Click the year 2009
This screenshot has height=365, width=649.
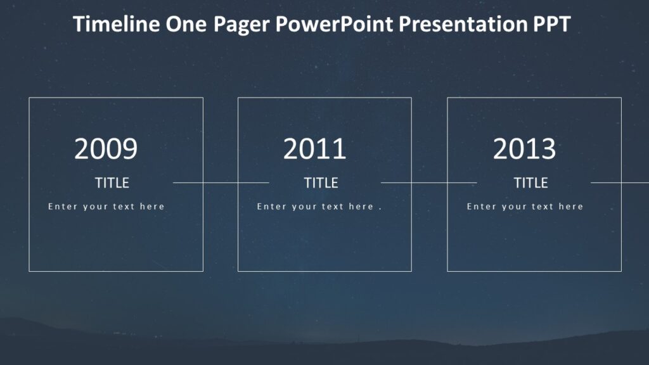tap(106, 150)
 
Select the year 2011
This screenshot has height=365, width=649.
tap(315, 150)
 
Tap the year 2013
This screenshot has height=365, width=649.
tap(524, 150)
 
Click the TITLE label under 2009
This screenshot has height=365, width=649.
tap(112, 183)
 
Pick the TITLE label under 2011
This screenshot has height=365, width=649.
tap(321, 183)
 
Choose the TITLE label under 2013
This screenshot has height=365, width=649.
tap(530, 183)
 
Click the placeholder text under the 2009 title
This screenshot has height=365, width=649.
tap(106, 207)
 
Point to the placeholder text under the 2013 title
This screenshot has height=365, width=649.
tap(525, 207)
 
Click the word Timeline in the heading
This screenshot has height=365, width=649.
tap(117, 25)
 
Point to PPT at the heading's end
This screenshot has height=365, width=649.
tap(552, 25)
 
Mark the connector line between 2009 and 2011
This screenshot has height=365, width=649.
tap(221, 182)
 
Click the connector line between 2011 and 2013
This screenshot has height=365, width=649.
tap(429, 182)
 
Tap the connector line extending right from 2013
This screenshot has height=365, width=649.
tap(620, 182)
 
